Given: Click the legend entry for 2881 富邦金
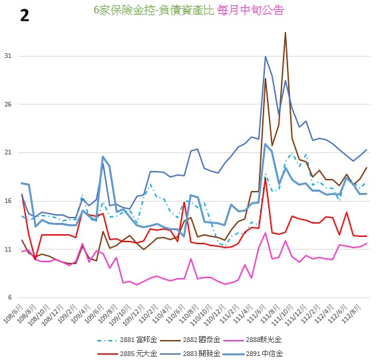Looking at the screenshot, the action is [x=127, y=339].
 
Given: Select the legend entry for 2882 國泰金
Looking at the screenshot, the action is [x=190, y=339].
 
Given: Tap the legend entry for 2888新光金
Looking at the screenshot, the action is [x=252, y=339].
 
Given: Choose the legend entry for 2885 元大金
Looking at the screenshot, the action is [x=127, y=353].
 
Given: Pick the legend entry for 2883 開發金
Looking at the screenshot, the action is [x=190, y=353].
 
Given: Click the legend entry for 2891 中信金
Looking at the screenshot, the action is [x=253, y=353].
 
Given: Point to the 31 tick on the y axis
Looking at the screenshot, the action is [x=8, y=56].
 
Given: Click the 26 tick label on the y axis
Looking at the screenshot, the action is [x=8, y=104].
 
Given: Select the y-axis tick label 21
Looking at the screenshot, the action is [x=8, y=152].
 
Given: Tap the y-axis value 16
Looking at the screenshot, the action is [x=8, y=201].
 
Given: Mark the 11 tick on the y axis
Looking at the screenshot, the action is [x=8, y=250].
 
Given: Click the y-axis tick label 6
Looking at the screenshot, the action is [x=9, y=297].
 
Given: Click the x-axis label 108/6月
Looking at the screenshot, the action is [x=14, y=313].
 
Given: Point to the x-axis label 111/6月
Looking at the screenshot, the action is [x=257, y=313].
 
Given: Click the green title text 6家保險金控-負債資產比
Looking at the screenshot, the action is [x=154, y=10].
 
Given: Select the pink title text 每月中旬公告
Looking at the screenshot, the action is [x=251, y=10].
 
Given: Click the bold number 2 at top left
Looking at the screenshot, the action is [x=25, y=16].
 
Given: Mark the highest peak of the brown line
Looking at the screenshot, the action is [x=285, y=33].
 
